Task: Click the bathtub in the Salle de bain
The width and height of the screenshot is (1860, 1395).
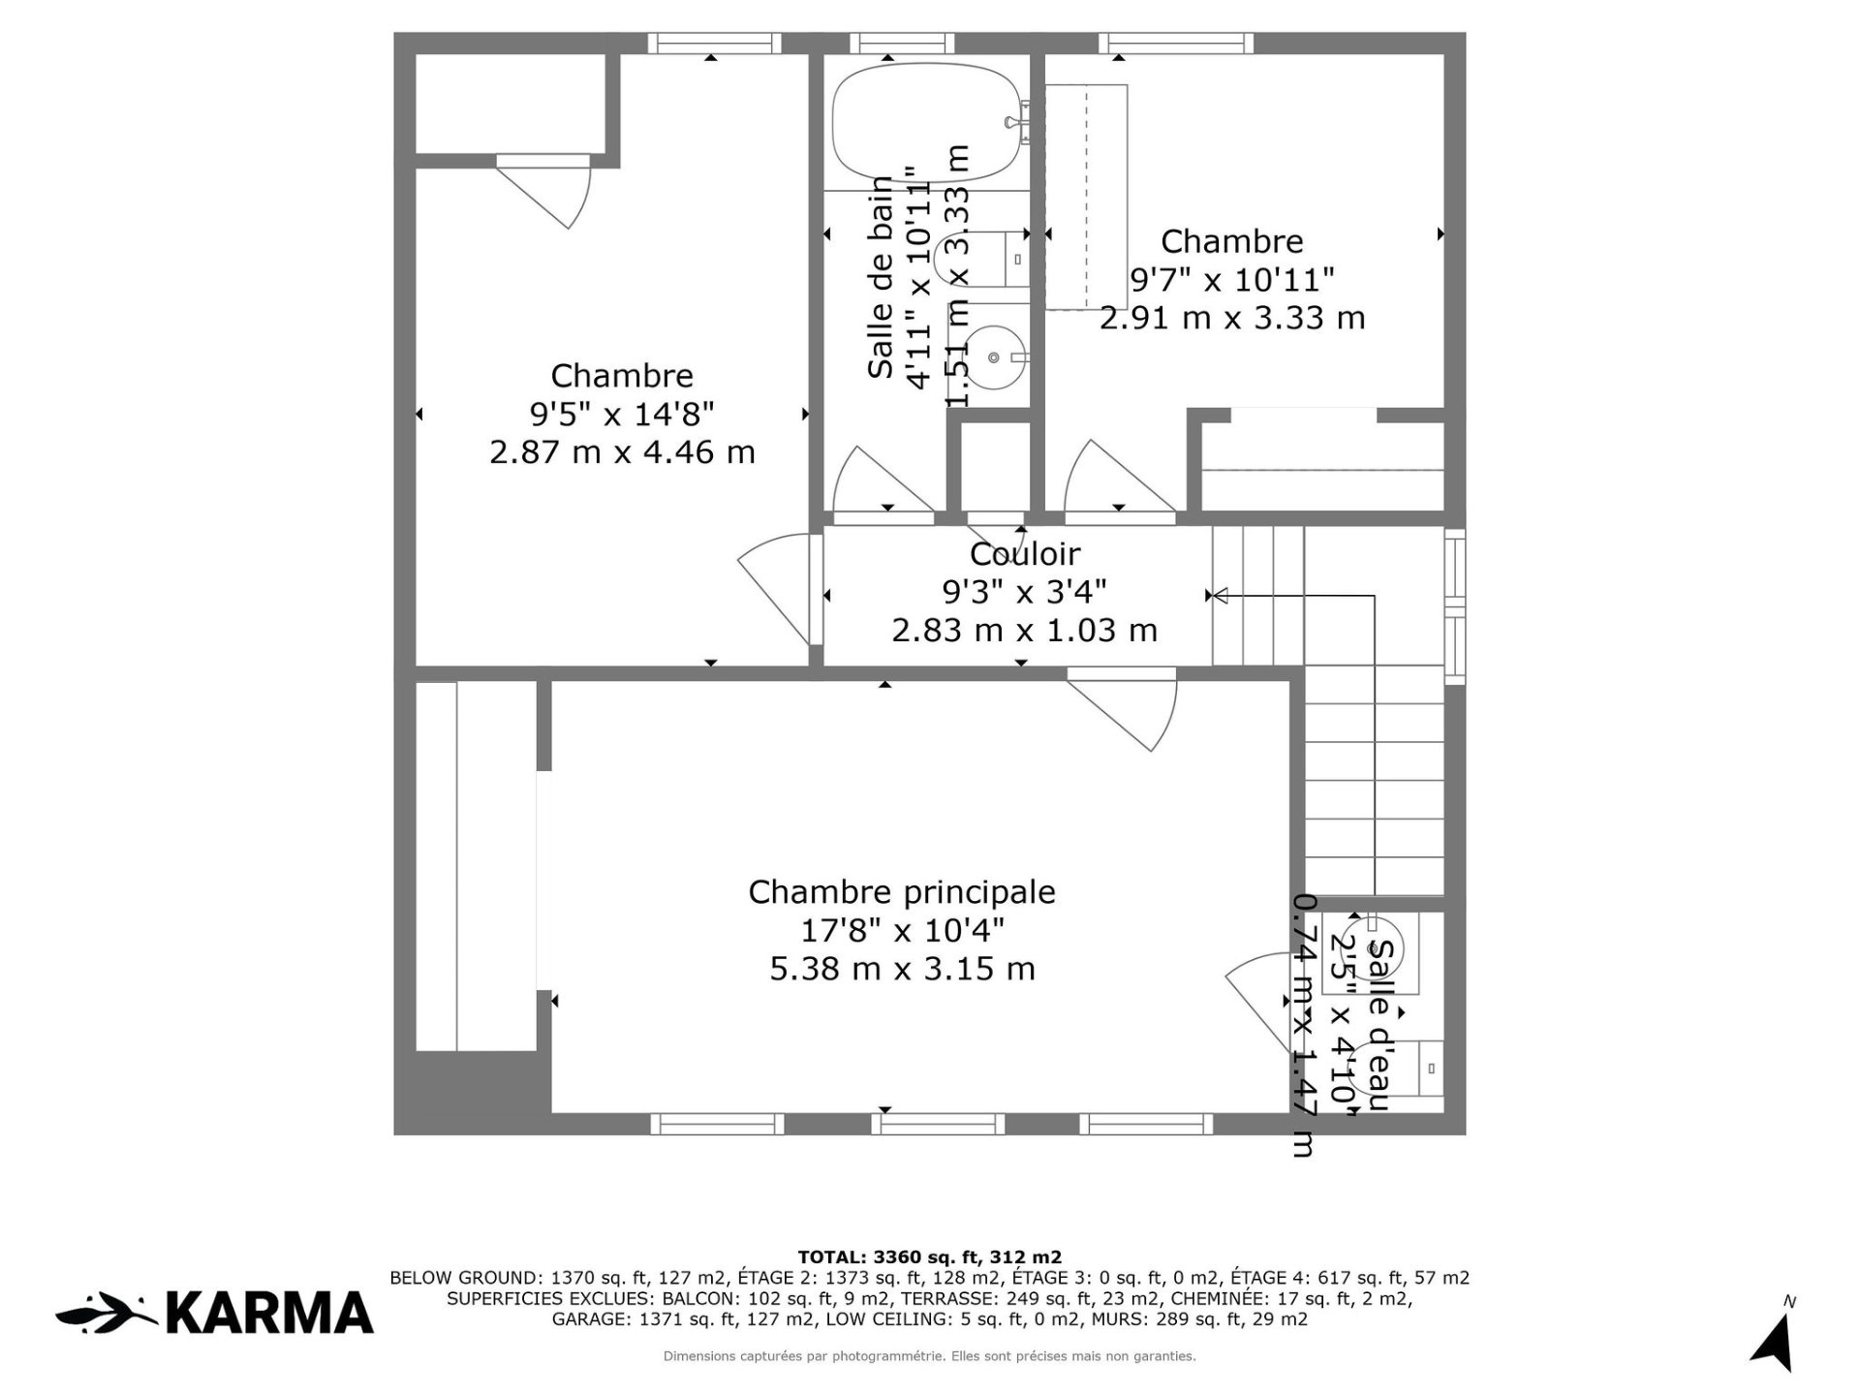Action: (926, 122)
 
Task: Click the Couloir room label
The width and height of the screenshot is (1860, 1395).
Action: (1024, 554)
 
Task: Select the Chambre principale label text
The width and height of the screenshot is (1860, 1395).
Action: (901, 892)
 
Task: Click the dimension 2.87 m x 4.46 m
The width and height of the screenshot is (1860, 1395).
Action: (622, 452)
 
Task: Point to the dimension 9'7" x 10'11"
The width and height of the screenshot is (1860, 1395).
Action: (1232, 280)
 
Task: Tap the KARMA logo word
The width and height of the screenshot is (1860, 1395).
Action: (269, 1314)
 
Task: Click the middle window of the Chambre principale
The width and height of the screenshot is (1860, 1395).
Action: (936, 1124)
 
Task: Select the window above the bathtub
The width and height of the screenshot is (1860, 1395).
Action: (902, 43)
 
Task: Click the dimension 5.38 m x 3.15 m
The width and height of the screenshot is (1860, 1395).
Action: (901, 969)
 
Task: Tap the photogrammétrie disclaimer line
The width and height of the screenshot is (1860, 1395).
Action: (928, 1356)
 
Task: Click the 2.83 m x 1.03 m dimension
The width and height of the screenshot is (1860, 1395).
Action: (1024, 631)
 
